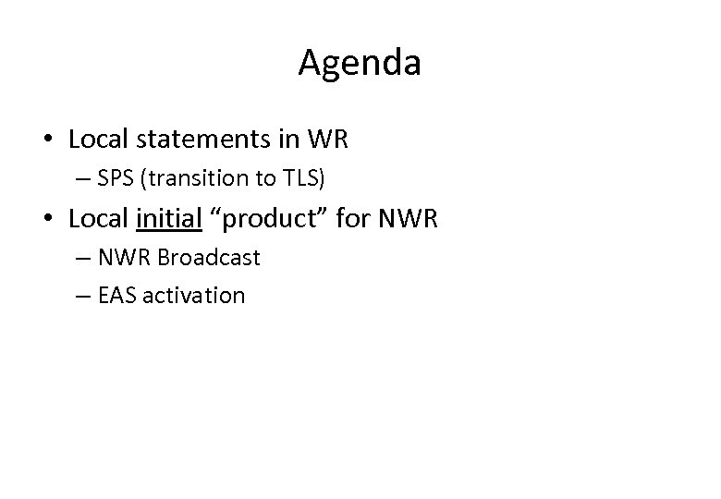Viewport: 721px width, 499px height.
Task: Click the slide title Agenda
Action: click(x=360, y=63)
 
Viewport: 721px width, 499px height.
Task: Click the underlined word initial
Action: click(x=168, y=220)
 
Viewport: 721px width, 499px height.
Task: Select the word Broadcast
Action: click(x=209, y=257)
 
